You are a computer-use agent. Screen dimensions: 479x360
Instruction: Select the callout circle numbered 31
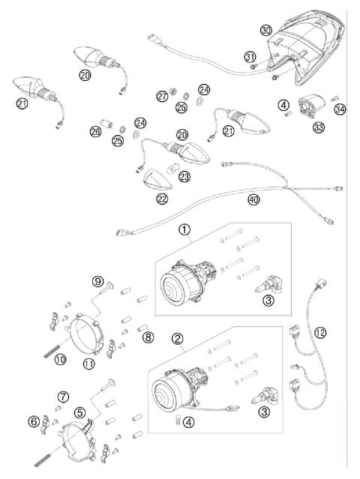coord(250,57)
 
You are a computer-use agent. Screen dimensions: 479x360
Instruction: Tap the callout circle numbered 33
coord(319,128)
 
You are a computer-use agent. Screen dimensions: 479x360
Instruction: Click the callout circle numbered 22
coord(162,199)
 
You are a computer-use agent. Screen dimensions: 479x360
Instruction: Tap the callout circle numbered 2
coord(178,338)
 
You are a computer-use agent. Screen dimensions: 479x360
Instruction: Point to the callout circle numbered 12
coord(321,331)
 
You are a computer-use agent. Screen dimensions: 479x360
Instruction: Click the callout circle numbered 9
coord(97,281)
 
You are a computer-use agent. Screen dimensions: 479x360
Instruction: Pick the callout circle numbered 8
coord(148,338)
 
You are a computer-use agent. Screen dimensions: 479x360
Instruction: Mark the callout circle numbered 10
coord(60,359)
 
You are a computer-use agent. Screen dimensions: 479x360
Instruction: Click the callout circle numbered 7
coord(64,396)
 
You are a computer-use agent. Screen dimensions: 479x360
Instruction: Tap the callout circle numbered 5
coord(79,412)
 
